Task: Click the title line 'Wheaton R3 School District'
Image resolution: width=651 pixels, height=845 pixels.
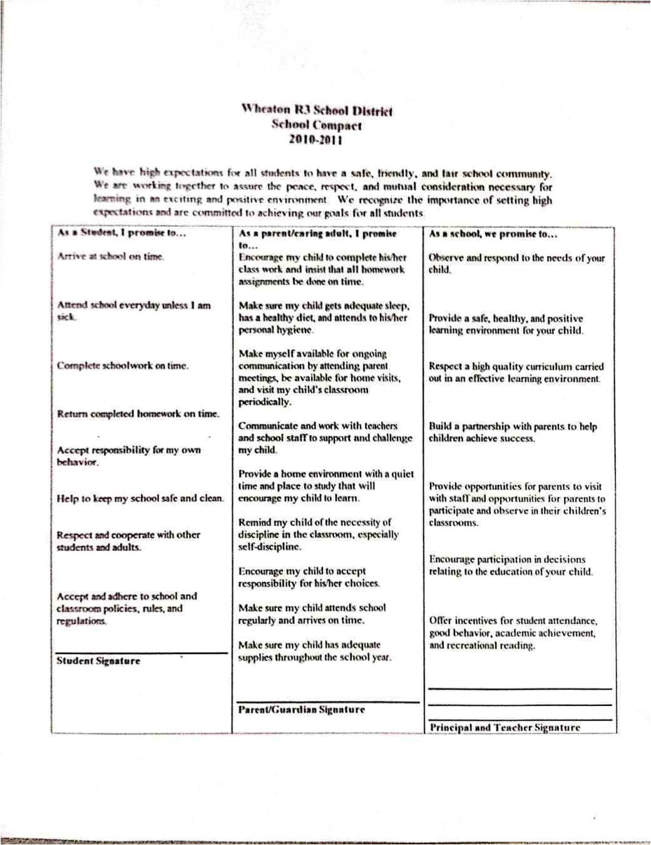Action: point(317,111)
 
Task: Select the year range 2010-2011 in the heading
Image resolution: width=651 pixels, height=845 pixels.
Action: point(315,140)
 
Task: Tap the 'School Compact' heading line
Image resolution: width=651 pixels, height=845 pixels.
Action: point(316,125)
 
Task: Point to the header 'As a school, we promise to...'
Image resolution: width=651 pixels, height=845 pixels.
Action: point(493,234)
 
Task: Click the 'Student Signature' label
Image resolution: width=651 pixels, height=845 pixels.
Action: point(98,661)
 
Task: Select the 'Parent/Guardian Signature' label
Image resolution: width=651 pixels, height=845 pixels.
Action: point(301,710)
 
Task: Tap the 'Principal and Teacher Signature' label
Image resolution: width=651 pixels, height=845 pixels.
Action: point(505,727)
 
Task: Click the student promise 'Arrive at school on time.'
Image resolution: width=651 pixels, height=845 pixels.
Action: point(111,256)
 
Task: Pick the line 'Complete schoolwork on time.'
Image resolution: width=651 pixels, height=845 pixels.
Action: point(123,366)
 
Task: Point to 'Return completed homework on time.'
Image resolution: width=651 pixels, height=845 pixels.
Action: point(138,414)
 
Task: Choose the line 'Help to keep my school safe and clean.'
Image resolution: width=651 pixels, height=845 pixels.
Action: point(140,499)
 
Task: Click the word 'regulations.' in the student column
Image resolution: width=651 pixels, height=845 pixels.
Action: point(81,621)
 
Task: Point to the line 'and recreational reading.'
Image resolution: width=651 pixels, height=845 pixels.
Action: point(482,646)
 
